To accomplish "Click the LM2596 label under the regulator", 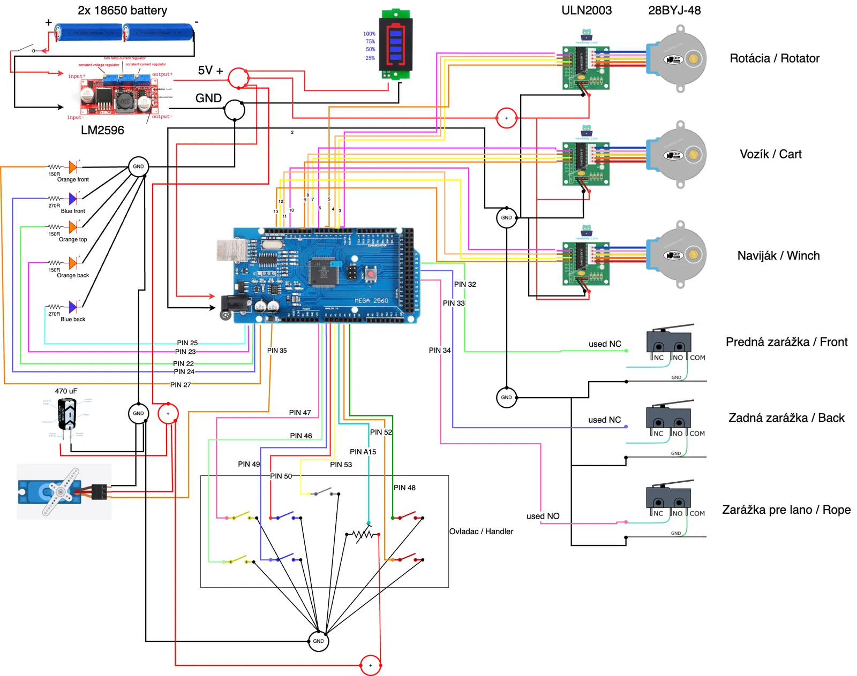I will click(102, 130).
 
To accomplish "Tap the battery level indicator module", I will click(396, 44).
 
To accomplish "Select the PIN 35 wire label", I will click(277, 351).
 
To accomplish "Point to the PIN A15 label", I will click(363, 452).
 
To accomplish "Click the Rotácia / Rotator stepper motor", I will click(678, 59).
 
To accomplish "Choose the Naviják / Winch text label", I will click(778, 256).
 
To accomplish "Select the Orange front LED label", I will click(73, 180).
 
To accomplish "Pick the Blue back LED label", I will click(73, 320).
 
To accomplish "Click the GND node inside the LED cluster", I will click(138, 166).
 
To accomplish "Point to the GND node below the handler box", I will click(318, 641).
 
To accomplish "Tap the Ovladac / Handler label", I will click(481, 531).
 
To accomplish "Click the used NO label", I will click(543, 516).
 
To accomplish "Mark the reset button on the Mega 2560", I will click(370, 274).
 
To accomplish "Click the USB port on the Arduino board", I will click(231, 250).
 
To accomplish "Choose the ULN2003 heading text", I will click(587, 11).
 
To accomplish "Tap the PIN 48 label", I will click(404, 488).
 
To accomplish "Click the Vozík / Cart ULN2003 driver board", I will click(585, 163).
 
